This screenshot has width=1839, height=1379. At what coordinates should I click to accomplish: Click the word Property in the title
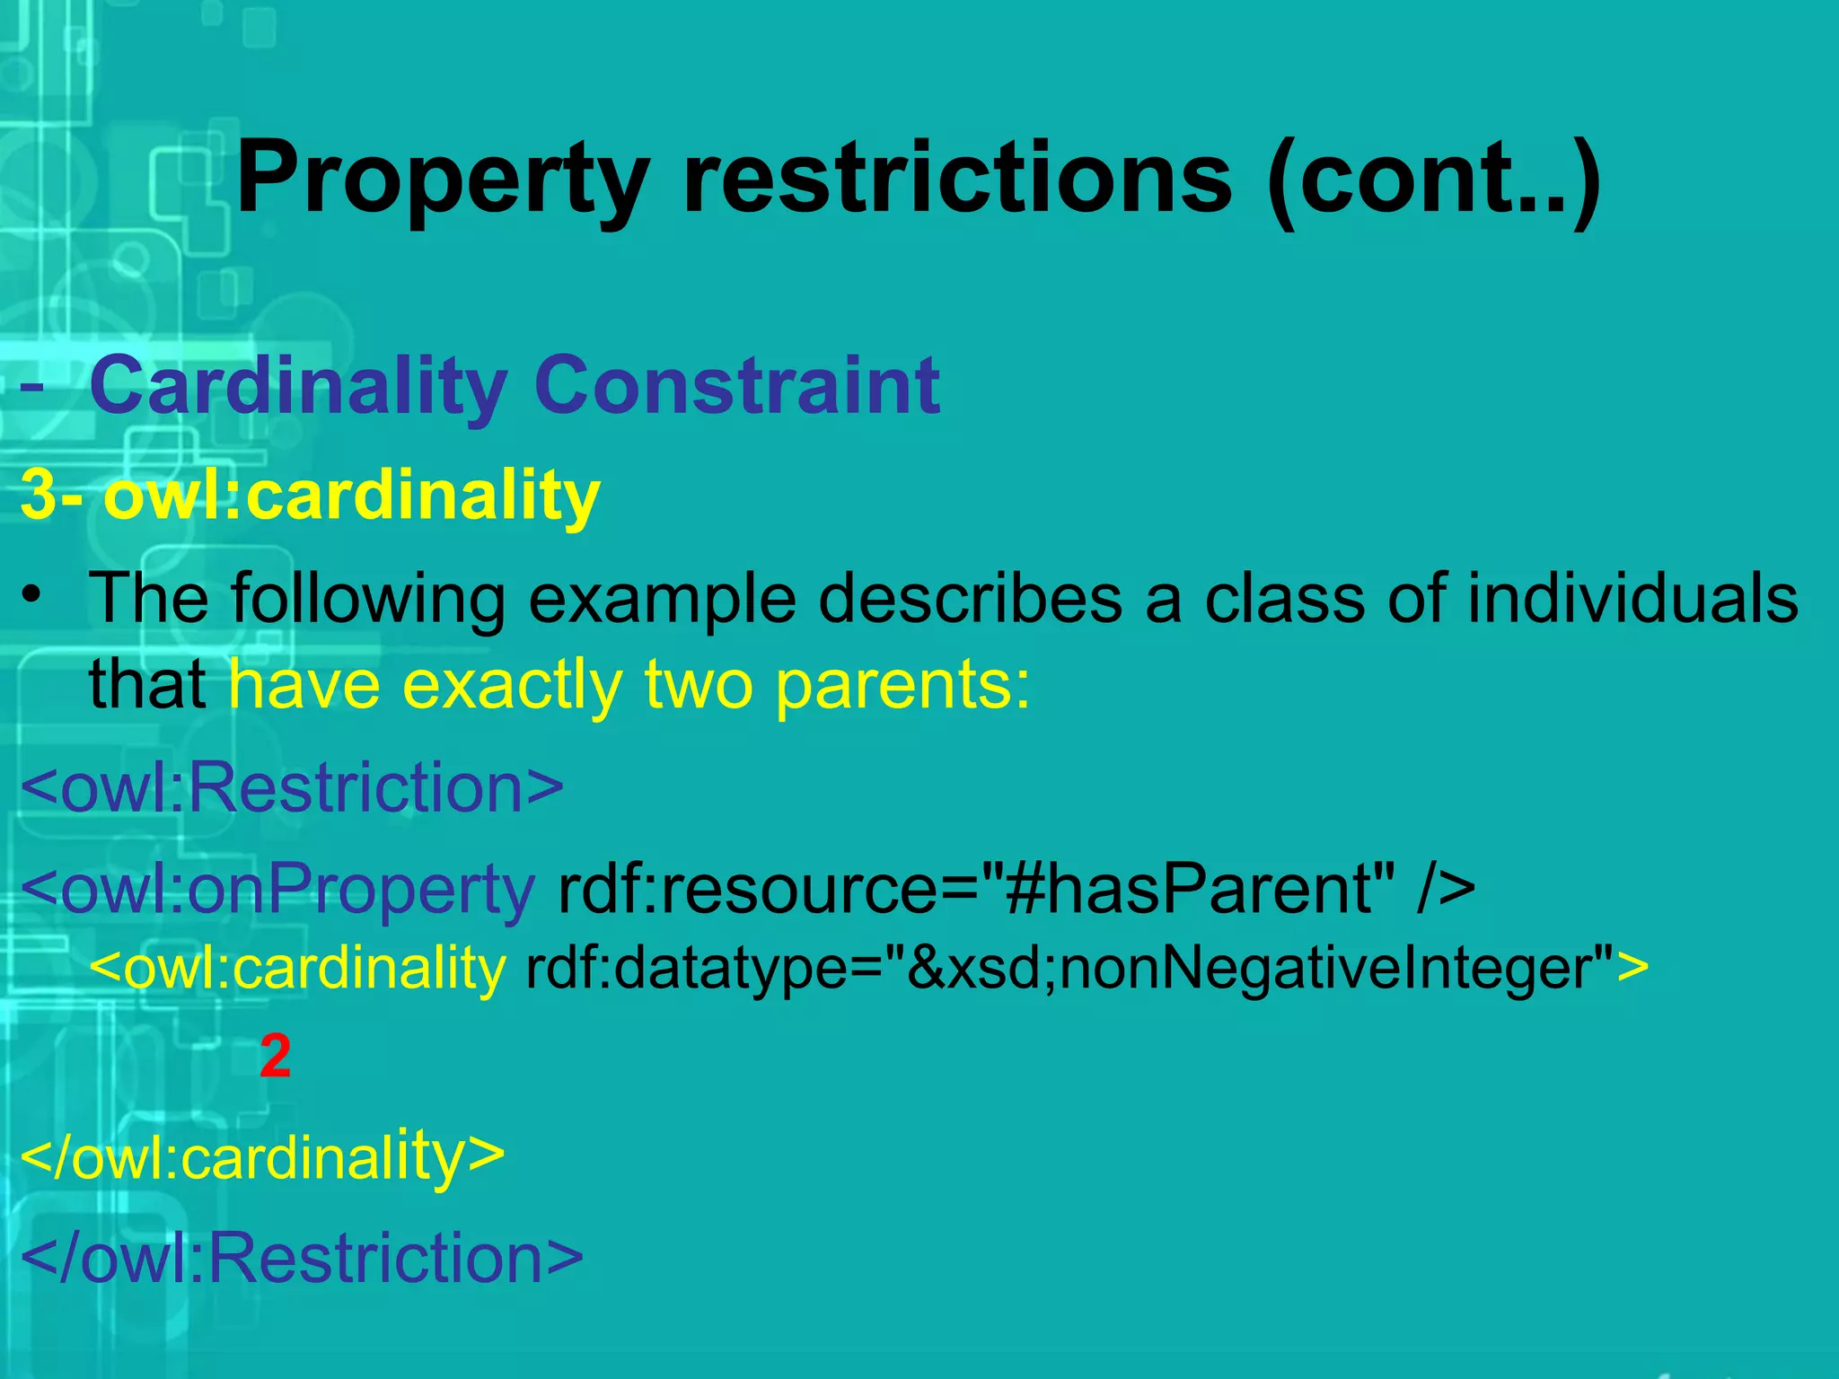pyautogui.click(x=442, y=180)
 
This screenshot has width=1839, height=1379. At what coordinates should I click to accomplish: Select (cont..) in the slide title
pyautogui.click(x=1433, y=180)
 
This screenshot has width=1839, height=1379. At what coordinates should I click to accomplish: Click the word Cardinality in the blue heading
pyautogui.click(x=299, y=387)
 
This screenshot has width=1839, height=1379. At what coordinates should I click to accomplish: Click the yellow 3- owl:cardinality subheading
pyautogui.click(x=310, y=495)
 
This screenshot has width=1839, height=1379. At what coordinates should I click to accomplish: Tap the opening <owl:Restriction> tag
pyautogui.click(x=292, y=787)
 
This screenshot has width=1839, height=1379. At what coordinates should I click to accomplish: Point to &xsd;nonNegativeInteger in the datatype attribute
pyautogui.click(x=1248, y=969)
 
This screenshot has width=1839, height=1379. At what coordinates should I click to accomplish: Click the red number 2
pyautogui.click(x=275, y=1057)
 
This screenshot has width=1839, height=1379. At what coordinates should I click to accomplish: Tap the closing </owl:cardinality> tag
pyautogui.click(x=262, y=1157)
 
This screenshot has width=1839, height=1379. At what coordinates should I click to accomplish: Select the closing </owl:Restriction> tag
pyautogui.click(x=302, y=1258)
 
